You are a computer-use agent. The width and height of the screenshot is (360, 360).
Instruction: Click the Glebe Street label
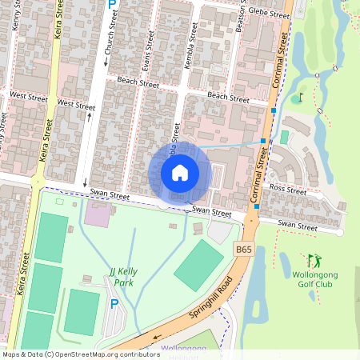pos(268,14)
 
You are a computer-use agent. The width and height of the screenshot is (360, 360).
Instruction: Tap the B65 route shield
pos(244,250)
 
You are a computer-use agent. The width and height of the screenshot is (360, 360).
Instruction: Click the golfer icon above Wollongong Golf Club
pos(314,260)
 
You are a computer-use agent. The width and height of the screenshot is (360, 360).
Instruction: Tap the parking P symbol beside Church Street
pos(112,5)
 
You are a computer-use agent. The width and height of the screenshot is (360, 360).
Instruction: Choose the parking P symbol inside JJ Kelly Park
pos(114,303)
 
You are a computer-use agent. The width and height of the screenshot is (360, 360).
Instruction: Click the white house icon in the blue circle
pos(179,172)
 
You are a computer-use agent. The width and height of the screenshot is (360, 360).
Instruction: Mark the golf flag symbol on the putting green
pos(300,98)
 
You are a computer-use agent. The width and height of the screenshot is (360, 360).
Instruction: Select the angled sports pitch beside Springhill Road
pos(198,266)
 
